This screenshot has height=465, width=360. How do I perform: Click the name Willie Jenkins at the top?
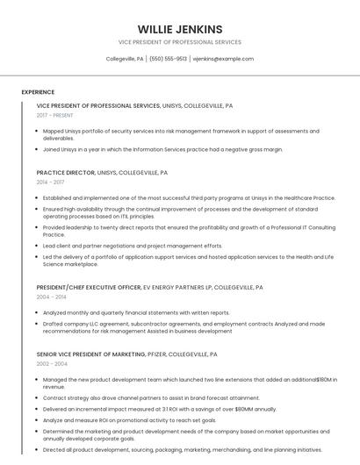[x=180, y=29]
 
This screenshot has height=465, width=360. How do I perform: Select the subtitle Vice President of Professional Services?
[x=180, y=42]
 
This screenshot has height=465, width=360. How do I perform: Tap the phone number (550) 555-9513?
[x=169, y=59]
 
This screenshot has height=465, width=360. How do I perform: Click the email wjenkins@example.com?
[x=223, y=59]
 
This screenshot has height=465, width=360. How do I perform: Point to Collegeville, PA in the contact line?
[x=125, y=59]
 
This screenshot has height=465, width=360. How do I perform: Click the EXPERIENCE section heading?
[x=38, y=92]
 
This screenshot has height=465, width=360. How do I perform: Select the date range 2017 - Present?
[x=55, y=115]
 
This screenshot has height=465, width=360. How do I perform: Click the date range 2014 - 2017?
[x=51, y=182]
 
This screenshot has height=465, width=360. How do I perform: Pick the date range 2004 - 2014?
[x=51, y=297]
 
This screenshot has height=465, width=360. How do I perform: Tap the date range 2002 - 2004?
[x=52, y=363]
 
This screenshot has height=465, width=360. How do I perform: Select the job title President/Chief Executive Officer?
[x=89, y=287]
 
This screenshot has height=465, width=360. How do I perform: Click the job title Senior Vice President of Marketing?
[x=90, y=354]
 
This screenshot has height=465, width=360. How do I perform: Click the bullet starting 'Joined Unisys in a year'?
[x=162, y=149]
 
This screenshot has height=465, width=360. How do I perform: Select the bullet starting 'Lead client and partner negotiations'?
[x=133, y=246]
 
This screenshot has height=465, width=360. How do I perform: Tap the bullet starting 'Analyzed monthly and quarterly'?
[x=136, y=312]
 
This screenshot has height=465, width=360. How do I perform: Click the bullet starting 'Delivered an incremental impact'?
[x=159, y=409]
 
